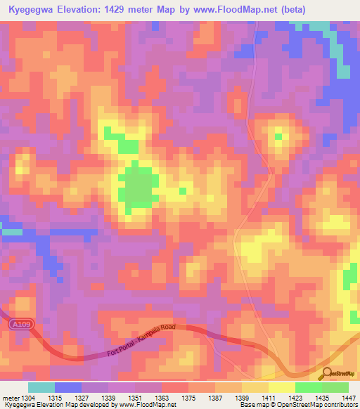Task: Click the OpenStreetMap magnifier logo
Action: (x=325, y=373)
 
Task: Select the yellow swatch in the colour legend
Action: (x=282, y=387)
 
